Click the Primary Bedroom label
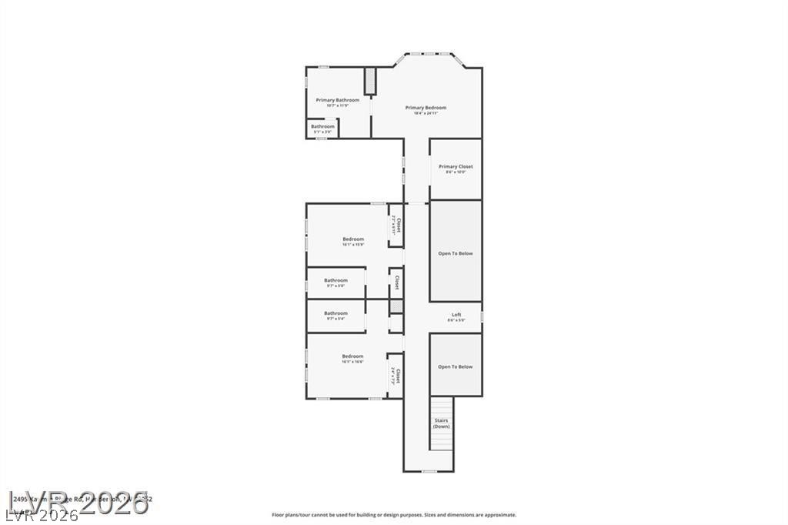pos(426,108)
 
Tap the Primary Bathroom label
pos(337,100)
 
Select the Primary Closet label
pos(456,166)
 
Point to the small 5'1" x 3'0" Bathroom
pos(322,127)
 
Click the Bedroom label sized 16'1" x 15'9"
pos(353,239)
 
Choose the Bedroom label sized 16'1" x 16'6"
pos(352,356)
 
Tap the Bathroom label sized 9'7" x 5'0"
pos(336,280)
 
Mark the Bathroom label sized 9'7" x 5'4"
pos(336,313)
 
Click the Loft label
pos(456,315)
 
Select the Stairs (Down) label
pos(441,423)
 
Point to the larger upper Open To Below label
pos(456,253)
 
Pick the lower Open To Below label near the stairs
pos(456,366)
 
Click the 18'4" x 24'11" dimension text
pos(426,114)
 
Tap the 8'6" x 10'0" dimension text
pos(456,172)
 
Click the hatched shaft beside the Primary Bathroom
pos(369,81)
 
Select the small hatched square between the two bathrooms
pos(396,306)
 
